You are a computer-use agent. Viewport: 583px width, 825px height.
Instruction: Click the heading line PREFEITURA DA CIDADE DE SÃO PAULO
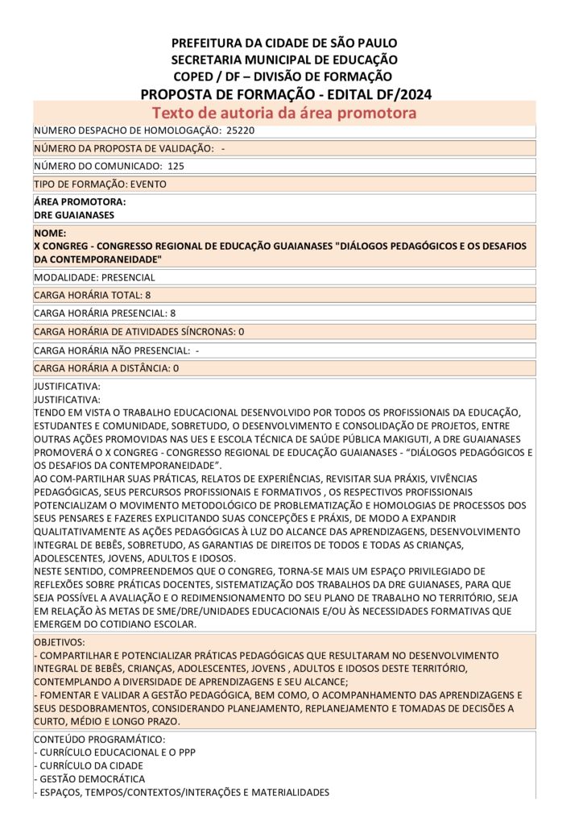[x=283, y=43]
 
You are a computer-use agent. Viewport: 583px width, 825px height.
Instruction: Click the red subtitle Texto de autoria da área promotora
[x=284, y=113]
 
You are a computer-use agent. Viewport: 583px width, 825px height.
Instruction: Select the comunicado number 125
[x=176, y=166]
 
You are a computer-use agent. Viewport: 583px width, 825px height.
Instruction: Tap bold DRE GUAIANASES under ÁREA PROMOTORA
[x=74, y=215]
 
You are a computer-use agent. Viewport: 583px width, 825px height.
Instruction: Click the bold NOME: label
[x=50, y=233]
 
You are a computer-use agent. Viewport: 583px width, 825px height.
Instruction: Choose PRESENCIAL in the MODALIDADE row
[x=128, y=277]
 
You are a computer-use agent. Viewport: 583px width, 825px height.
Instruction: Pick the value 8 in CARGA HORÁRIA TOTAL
[x=148, y=295]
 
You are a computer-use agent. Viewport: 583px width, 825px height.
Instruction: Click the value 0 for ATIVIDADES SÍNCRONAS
[x=241, y=331]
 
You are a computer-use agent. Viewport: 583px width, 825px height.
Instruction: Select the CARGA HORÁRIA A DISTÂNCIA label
[x=101, y=368]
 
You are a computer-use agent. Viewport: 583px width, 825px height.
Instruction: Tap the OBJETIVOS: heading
[x=59, y=643]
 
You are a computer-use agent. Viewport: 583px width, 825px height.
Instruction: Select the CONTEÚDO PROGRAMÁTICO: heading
[x=100, y=740]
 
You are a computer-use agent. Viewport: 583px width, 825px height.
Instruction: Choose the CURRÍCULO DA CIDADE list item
[x=91, y=765]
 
